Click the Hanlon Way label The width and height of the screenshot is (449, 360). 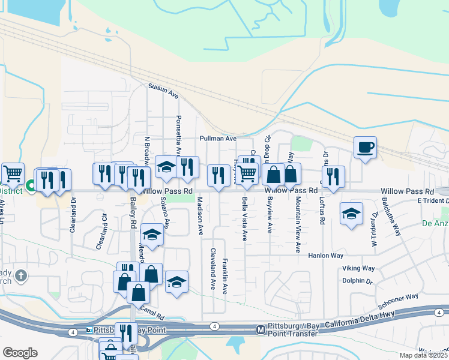tap(325, 255)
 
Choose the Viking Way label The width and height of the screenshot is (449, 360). tap(358, 269)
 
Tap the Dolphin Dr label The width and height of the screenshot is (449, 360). tap(357, 280)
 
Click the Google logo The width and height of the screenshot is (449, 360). tap(20, 352)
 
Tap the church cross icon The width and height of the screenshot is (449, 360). tap(21, 276)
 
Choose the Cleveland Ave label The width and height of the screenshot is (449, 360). tap(212, 268)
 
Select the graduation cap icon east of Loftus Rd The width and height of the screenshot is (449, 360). tap(351, 214)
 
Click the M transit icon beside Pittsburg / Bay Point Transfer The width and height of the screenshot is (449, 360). tap(261, 329)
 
